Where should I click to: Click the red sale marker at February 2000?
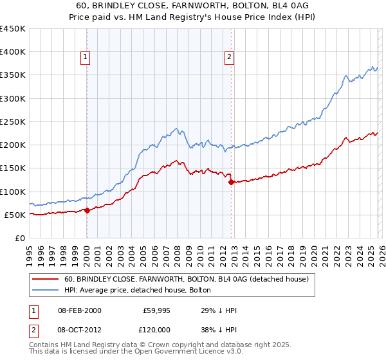[x=87, y=210]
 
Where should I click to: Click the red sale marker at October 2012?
[x=231, y=183]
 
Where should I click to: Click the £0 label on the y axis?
[x=19, y=238]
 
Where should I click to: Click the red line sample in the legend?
[x=45, y=279]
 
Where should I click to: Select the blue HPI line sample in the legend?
[x=45, y=290]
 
